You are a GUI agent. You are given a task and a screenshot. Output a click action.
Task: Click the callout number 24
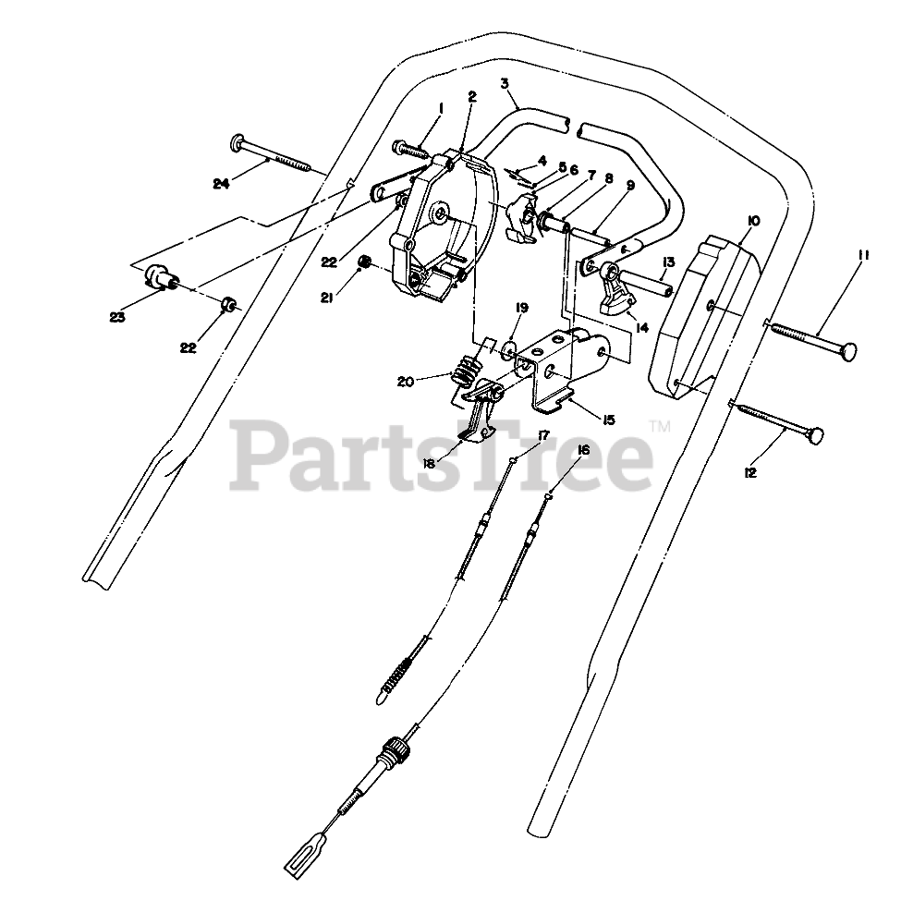220,184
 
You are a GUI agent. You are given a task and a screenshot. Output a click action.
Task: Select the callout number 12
749,472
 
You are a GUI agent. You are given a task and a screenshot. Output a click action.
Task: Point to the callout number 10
753,221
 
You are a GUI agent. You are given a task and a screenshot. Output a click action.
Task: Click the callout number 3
505,83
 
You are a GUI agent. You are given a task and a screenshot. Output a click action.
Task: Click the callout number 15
608,420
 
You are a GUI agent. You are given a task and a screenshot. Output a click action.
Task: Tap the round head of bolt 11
847,352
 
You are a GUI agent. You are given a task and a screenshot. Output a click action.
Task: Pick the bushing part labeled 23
159,277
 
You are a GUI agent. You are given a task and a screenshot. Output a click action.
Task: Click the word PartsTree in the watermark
444,453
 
